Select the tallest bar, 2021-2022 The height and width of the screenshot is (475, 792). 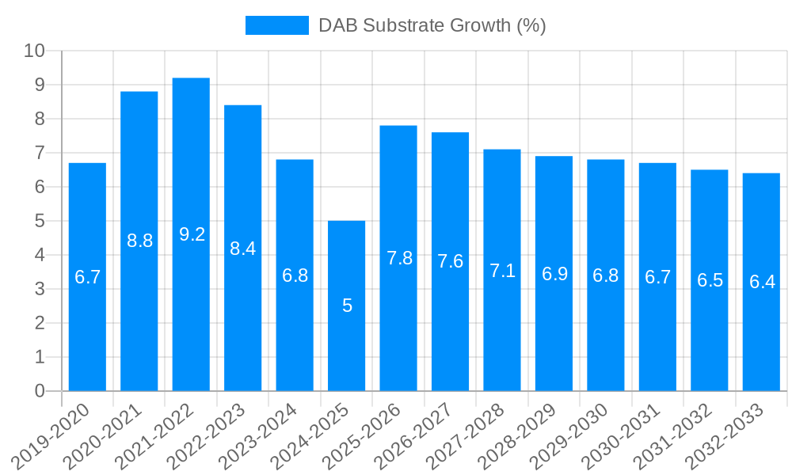191,317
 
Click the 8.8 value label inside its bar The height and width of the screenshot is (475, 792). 139,241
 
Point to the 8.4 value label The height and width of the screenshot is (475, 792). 242,248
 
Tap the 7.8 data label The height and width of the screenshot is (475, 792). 398,258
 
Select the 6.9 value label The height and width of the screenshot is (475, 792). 554,274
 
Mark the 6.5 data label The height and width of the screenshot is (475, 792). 710,280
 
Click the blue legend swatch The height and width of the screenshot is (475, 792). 276,25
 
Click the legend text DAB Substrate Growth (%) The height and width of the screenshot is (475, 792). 432,25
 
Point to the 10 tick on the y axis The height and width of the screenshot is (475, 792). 34,51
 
